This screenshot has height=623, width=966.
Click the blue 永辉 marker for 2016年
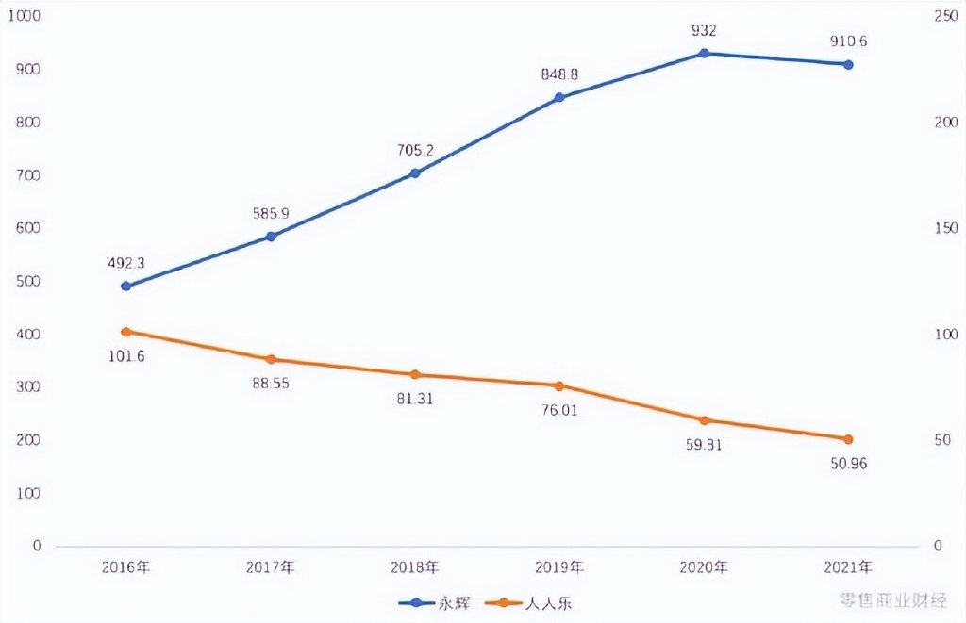(125, 286)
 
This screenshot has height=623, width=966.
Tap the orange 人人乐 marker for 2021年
(848, 439)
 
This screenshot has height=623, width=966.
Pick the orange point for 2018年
(414, 375)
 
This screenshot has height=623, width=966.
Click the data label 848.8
(559, 73)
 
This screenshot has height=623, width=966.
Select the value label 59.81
(704, 445)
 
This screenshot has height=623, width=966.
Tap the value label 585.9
(270, 213)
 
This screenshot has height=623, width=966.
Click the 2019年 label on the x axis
(559, 567)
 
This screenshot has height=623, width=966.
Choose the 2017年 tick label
(270, 567)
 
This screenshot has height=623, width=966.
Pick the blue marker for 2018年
(414, 173)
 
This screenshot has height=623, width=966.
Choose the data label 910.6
(848, 42)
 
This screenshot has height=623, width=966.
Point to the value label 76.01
(559, 410)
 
